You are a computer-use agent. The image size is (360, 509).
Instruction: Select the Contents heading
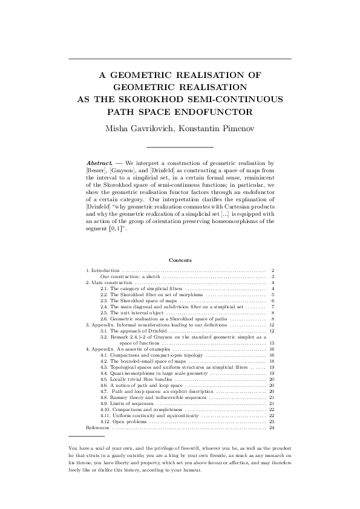coord(180,260)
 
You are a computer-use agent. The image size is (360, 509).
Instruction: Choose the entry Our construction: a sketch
coord(130,276)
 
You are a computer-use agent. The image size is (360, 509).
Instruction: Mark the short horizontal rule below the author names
coord(180,147)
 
